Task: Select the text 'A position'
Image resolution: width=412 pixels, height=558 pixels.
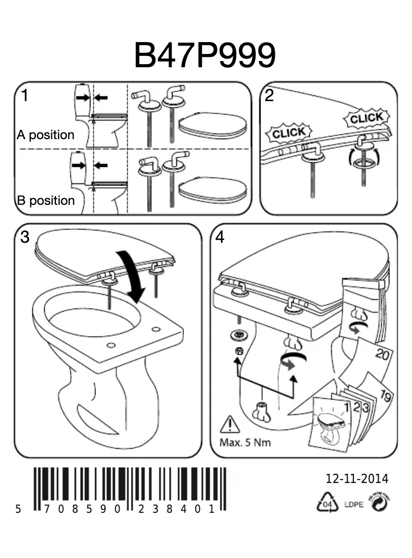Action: (x=45, y=135)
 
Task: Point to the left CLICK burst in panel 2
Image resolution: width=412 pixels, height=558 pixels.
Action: (x=288, y=133)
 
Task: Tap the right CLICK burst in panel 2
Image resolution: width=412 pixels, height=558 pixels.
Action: (x=366, y=118)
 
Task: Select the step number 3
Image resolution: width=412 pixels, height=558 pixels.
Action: (x=25, y=237)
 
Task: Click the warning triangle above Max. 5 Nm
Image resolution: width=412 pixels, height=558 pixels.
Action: (x=229, y=426)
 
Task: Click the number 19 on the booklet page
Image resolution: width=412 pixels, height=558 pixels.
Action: (x=387, y=396)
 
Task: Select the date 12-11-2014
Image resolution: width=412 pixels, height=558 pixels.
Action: (x=357, y=479)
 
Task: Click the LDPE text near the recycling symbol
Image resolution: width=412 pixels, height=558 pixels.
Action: (x=353, y=505)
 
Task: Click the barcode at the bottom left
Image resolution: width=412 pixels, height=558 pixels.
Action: (x=128, y=489)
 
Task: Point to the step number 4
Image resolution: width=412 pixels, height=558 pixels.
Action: (x=220, y=237)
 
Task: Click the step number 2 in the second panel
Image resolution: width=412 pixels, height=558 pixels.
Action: (x=269, y=96)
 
